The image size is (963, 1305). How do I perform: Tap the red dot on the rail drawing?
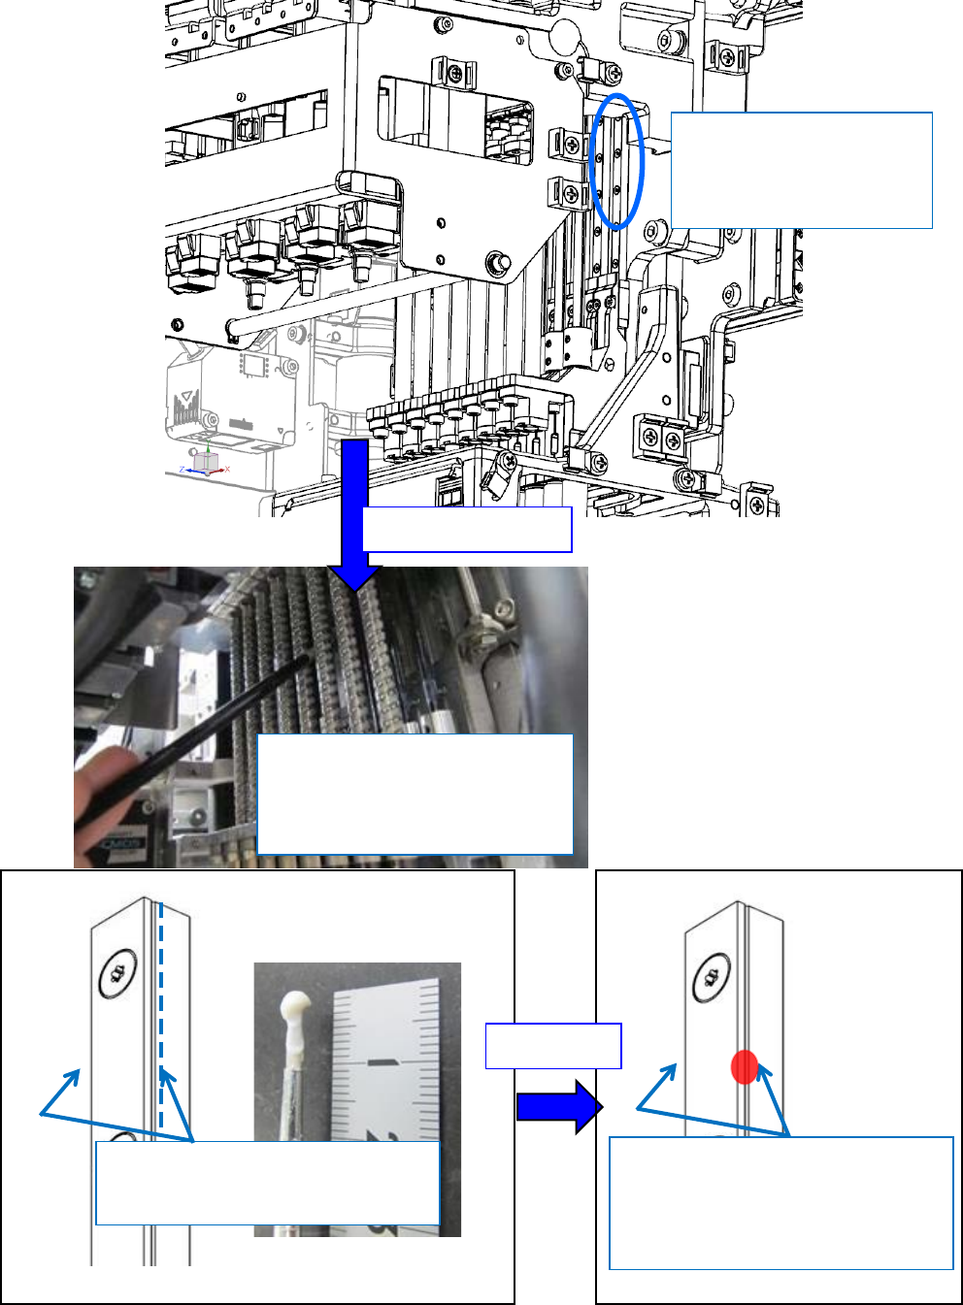745,1066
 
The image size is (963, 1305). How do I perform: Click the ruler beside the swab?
383,1096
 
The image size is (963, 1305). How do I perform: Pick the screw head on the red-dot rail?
712,977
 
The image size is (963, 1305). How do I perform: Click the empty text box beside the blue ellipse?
802,171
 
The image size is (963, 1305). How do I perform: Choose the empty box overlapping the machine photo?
415,794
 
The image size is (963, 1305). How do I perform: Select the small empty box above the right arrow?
553,1046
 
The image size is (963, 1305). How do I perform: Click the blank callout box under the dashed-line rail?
268,1183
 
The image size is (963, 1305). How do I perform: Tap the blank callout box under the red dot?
781,1203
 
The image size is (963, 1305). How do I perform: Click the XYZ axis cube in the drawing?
207,462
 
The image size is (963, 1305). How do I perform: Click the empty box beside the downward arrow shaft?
467,530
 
